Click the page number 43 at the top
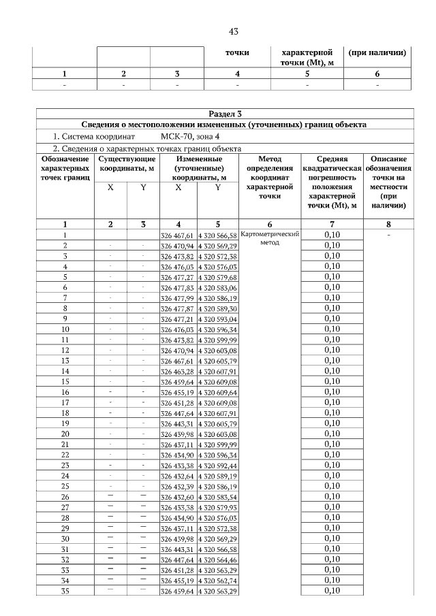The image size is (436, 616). (x=233, y=31)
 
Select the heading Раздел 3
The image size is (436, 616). (x=224, y=114)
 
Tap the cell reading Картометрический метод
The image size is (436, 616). (x=270, y=238)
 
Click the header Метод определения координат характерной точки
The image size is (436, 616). (x=270, y=176)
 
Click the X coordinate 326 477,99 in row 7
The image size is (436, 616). (x=177, y=297)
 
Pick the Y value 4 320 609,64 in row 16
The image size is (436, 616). (x=217, y=393)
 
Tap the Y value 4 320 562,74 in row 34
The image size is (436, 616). (x=217, y=581)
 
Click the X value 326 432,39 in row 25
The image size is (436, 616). (x=177, y=487)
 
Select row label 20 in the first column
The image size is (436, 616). (x=65, y=434)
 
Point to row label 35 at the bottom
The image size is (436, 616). (x=65, y=591)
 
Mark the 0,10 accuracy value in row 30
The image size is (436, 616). (x=332, y=538)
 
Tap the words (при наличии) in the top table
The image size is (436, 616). (x=377, y=52)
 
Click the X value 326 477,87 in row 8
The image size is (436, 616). (x=177, y=308)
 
